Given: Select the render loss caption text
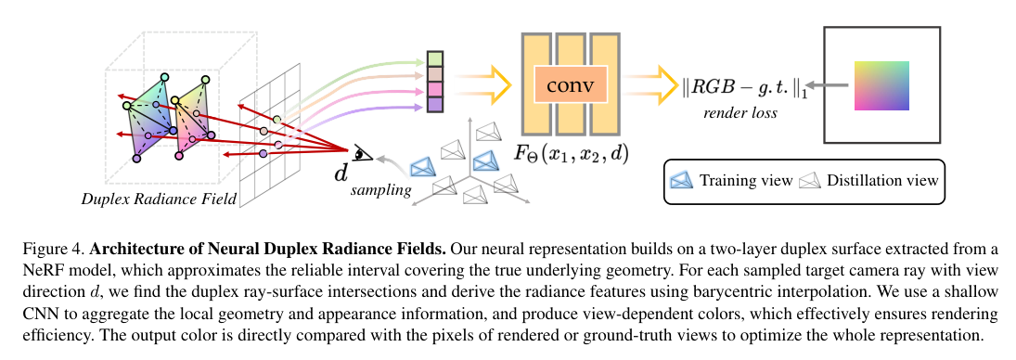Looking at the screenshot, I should (x=739, y=112).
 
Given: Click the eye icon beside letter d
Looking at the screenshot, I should (x=362, y=154).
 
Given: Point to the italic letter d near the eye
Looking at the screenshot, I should (x=341, y=170).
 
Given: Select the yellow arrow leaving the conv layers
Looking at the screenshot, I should (x=653, y=84).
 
